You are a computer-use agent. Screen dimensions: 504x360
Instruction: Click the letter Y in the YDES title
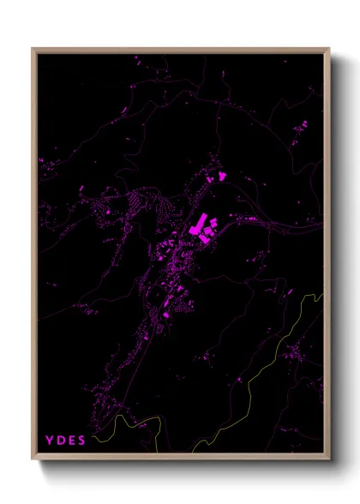tap(49, 441)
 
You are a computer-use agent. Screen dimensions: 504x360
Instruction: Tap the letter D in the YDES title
tap(60, 441)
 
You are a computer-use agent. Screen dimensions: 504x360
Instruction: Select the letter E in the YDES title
tap(71, 441)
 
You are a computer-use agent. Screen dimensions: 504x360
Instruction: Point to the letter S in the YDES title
tap(81, 441)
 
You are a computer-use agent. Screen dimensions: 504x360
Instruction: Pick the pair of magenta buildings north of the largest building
tap(218, 177)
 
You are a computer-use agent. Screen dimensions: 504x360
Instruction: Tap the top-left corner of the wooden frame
tap(33, 49)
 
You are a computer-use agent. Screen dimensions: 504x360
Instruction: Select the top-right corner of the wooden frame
tap(328, 49)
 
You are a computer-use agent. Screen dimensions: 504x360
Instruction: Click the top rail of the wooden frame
tap(180, 49)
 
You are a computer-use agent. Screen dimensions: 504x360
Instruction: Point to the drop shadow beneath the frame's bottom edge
tap(184, 466)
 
